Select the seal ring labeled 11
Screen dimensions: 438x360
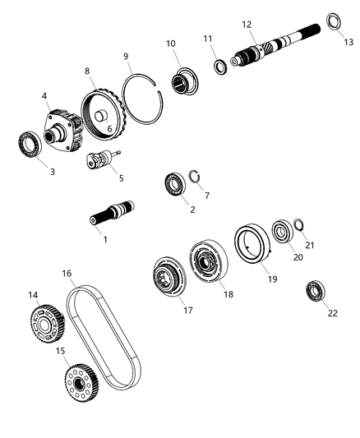[220, 66]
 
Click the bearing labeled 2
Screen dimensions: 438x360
[174, 182]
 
